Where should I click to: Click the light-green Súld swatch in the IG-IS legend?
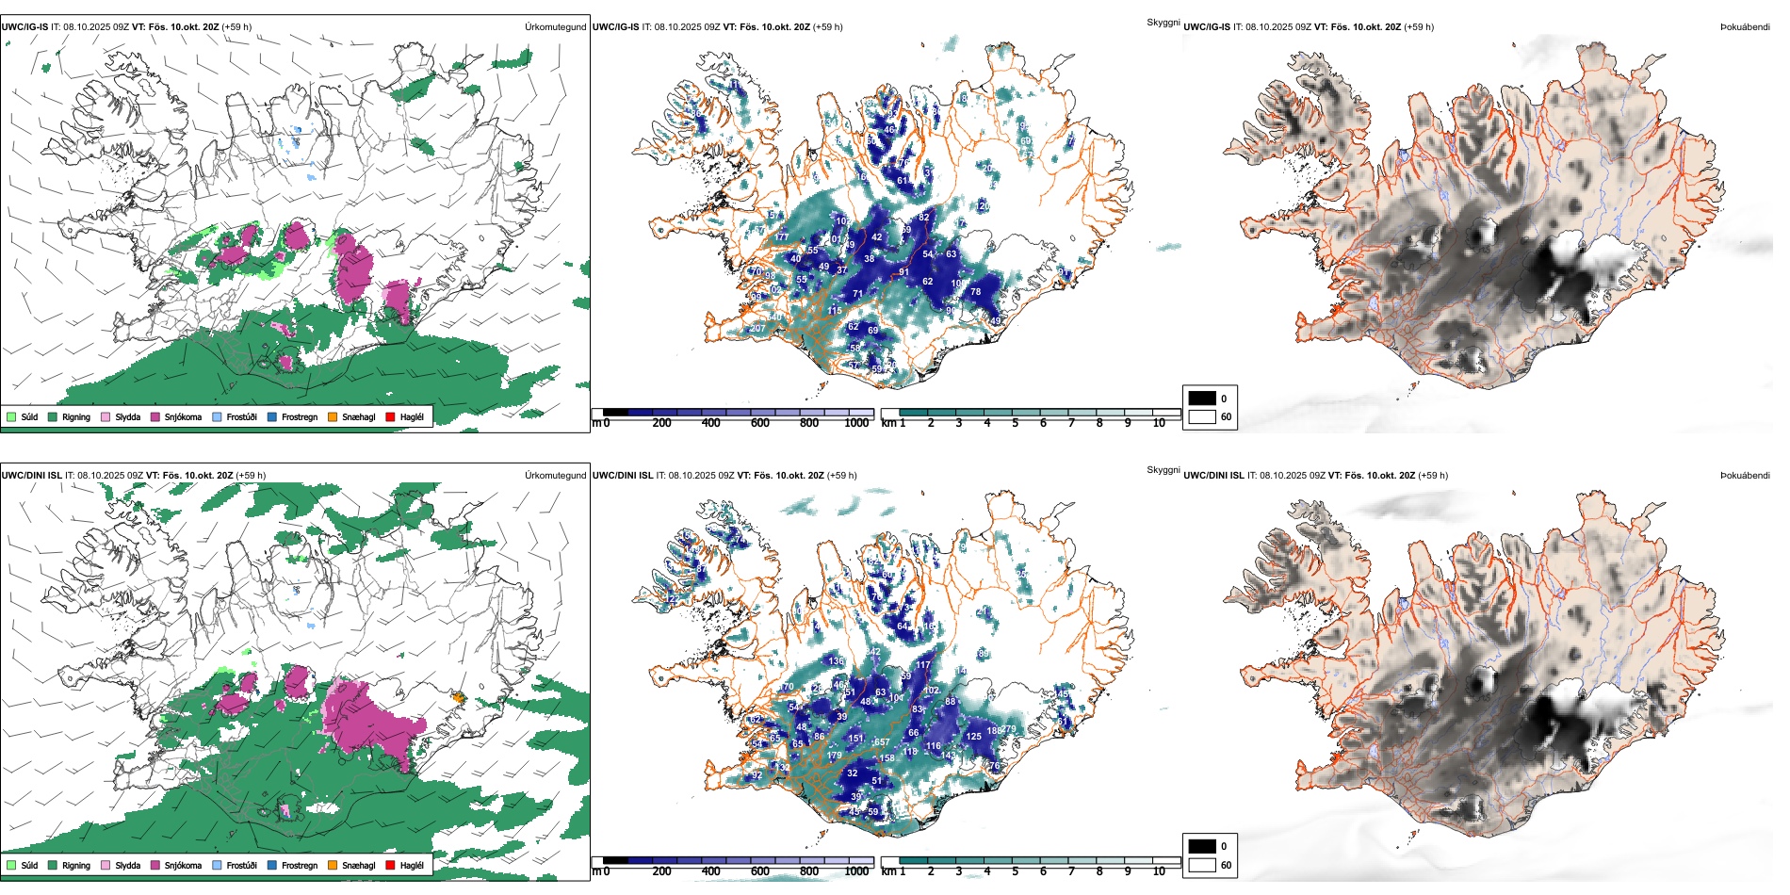click(x=11, y=416)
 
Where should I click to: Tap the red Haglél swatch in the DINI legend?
click(x=390, y=865)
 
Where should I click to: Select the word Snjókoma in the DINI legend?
click(x=183, y=865)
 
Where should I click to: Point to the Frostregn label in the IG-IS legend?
click(x=300, y=416)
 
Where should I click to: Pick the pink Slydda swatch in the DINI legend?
click(x=106, y=865)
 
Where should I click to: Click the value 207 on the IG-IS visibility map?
click(x=757, y=329)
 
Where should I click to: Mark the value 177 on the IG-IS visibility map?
click(x=781, y=237)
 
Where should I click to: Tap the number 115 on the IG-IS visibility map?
click(x=835, y=311)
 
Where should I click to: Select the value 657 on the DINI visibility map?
click(x=882, y=742)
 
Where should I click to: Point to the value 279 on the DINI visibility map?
click(x=1008, y=729)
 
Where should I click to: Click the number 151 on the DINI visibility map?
click(x=855, y=738)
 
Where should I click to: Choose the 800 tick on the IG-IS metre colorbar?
click(x=808, y=423)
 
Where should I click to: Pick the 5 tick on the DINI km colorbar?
click(x=1015, y=871)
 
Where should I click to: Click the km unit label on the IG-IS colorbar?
click(x=888, y=423)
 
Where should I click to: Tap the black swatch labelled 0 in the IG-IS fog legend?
click(x=1202, y=399)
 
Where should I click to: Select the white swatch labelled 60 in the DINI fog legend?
click(x=1202, y=865)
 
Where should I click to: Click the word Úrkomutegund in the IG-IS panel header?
click(x=555, y=27)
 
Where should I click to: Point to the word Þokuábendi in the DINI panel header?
click(x=1745, y=476)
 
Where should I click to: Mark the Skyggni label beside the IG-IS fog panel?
click(x=1163, y=23)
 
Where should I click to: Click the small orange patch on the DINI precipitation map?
click(x=459, y=698)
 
